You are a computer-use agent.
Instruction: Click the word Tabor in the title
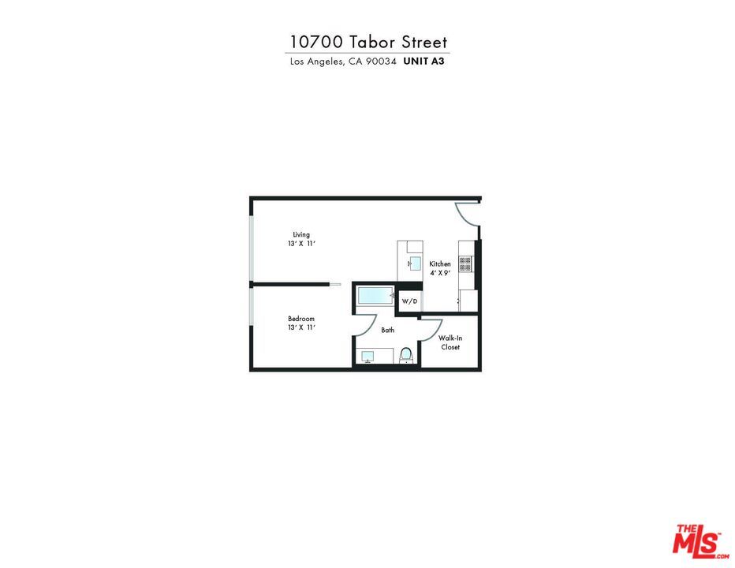[x=370, y=42]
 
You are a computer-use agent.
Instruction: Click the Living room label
[x=301, y=234]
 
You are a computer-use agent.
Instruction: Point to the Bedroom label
[x=301, y=319]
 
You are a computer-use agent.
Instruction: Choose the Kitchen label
[x=440, y=263]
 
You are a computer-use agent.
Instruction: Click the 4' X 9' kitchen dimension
[x=440, y=273]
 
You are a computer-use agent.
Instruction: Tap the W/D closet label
[x=409, y=301]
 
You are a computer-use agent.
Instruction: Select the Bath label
[x=388, y=330]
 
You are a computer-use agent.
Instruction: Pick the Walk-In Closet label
[x=450, y=342]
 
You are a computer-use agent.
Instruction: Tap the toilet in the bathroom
[x=406, y=356]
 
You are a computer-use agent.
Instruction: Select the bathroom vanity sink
[x=367, y=357]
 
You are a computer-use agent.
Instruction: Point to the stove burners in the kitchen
[x=465, y=264]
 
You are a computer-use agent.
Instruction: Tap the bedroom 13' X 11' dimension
[x=301, y=327]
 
